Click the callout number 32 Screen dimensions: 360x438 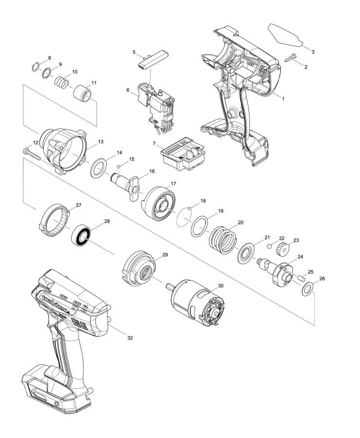[x=130, y=338]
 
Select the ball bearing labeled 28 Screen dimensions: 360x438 [x=81, y=235]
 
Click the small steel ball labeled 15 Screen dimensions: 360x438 [x=118, y=167]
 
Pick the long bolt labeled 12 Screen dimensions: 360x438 [x=32, y=154]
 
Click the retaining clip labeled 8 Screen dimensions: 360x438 [x=35, y=67]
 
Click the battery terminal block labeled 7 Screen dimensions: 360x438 [x=183, y=153]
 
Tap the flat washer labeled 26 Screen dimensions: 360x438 [x=307, y=289]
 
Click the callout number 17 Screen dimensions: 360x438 [x=173, y=184]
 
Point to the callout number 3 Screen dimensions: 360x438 [x=313, y=52]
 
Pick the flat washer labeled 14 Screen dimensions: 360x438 [x=99, y=168]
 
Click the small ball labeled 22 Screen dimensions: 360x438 [x=269, y=247]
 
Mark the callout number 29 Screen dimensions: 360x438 [x=165, y=254]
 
